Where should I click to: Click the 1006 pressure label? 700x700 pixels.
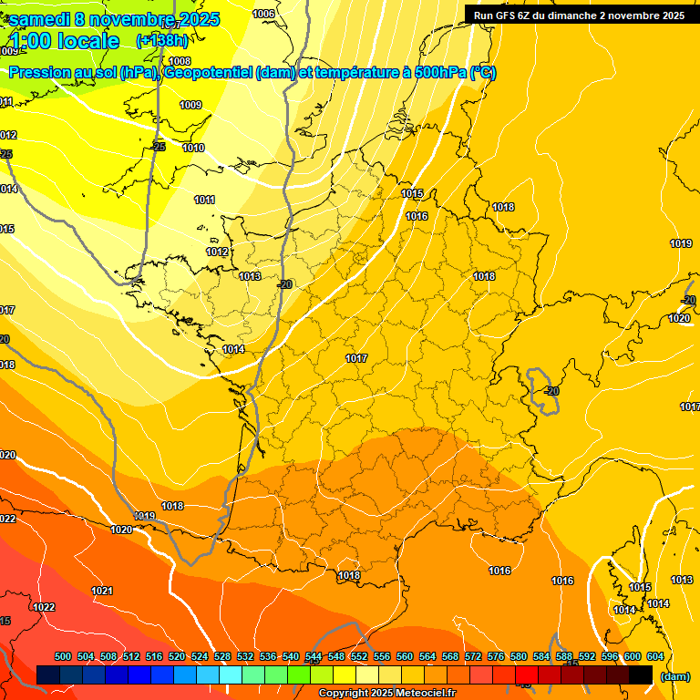(x=263, y=14)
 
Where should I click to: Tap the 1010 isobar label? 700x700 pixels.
(x=193, y=148)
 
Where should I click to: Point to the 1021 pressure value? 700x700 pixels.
(x=102, y=592)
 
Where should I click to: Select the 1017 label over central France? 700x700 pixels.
(x=356, y=358)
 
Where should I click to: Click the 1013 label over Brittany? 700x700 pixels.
(x=251, y=276)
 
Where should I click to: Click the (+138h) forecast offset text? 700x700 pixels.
(x=161, y=40)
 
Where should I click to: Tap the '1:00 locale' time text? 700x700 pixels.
(x=65, y=41)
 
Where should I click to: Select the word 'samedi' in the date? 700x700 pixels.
(x=40, y=19)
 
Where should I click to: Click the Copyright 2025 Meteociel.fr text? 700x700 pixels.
(x=386, y=694)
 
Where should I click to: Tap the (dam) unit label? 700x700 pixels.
(x=674, y=676)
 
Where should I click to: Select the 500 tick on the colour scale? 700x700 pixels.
(x=63, y=657)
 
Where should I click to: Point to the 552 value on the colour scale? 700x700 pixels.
(x=359, y=657)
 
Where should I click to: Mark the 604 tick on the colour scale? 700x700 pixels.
(x=655, y=657)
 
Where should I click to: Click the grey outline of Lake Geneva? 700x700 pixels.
(x=540, y=390)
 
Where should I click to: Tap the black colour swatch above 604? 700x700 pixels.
(x=641, y=674)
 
